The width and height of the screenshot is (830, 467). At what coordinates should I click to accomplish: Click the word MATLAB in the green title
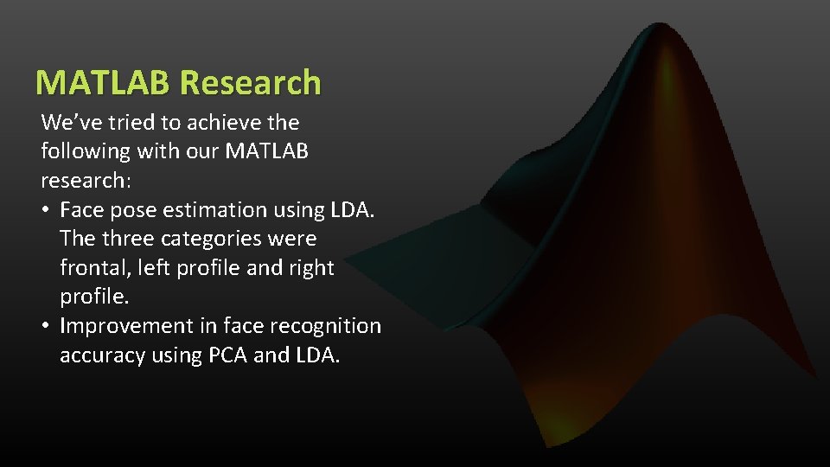pyautogui.click(x=105, y=82)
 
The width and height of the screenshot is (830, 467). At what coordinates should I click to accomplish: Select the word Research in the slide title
pyautogui.click(x=251, y=82)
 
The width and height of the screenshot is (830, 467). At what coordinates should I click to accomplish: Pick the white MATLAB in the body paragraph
pyautogui.click(x=266, y=151)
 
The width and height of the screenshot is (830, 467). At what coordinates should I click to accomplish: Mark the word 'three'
pyautogui.click(x=129, y=239)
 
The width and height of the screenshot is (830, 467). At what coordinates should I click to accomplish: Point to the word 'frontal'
pyautogui.click(x=91, y=268)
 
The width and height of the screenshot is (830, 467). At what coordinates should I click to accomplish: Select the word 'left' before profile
pyautogui.click(x=149, y=268)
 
